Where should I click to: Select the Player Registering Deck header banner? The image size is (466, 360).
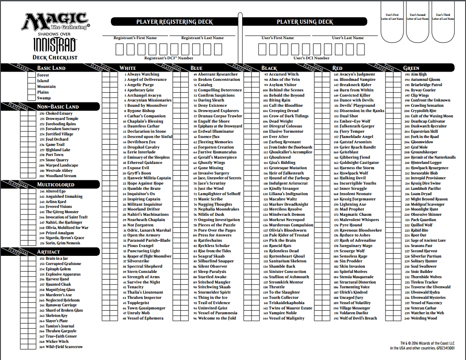174,22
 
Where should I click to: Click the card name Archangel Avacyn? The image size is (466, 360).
144,95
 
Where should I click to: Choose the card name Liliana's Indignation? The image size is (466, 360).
288,194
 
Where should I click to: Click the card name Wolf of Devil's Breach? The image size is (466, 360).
358,318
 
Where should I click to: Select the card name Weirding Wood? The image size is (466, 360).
424,318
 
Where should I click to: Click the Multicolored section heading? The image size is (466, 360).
55,185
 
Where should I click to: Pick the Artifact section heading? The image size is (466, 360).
49,252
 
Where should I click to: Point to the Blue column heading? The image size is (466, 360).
197,68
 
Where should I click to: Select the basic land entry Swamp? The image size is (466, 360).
44,98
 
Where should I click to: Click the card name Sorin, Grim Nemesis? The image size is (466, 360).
63,243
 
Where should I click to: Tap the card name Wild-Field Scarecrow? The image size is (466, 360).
64,347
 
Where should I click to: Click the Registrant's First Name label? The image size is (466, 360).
135,38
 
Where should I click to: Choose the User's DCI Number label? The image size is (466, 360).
311,58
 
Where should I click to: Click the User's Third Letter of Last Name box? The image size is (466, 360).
443,26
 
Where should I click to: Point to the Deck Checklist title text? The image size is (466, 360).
55,57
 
